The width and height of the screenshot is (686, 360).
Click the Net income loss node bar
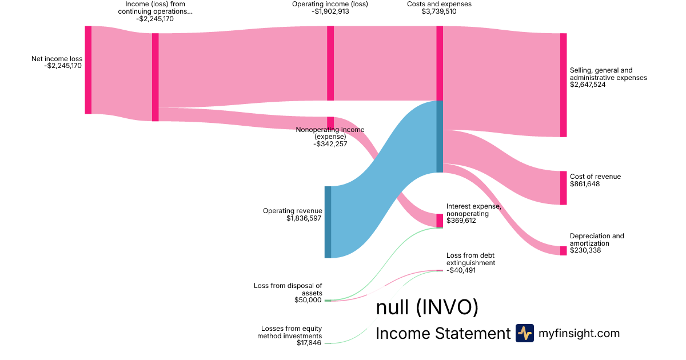pos(88,70)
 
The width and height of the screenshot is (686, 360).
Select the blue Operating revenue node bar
pos(328,222)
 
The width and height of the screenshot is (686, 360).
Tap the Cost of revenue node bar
pos(563,187)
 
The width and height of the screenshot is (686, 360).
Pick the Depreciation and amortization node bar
pos(563,250)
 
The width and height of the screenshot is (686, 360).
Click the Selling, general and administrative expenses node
pos(563,85)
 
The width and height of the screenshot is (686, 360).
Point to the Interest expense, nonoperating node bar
pos(440,221)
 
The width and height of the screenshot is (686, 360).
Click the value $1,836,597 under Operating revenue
pos(304,218)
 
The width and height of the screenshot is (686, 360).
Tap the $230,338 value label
pos(585,250)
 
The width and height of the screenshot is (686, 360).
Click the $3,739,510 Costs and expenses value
pos(439,11)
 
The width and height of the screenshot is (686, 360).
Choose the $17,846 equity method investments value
pos(309,343)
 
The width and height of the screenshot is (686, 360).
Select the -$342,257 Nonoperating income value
pos(330,144)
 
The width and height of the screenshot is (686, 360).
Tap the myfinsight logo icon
pos(524,333)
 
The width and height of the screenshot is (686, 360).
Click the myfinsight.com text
pos(579,333)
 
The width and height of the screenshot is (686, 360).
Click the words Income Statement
pos(442,334)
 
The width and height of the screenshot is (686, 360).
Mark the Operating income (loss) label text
pos(330,3)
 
